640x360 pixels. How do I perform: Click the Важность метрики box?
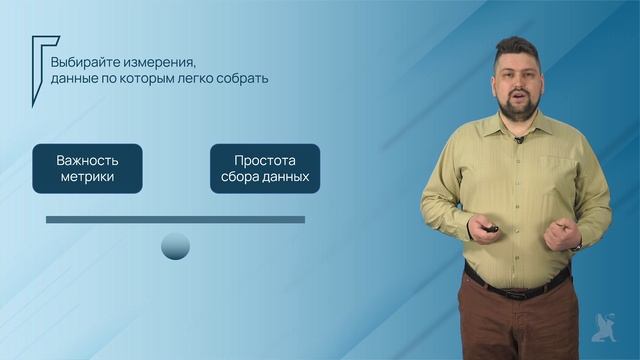pos(87,168)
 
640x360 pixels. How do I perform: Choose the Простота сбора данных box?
pos(265,168)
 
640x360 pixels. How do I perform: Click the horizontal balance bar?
pos(175,219)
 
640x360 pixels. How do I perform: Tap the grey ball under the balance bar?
pos(175,245)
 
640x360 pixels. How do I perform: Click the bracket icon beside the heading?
pos(40,60)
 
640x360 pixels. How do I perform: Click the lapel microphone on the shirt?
pos(519,140)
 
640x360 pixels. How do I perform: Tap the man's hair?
pos(520,48)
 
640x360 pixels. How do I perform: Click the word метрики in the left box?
pos(87,178)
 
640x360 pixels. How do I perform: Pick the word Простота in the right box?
pos(265,159)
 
